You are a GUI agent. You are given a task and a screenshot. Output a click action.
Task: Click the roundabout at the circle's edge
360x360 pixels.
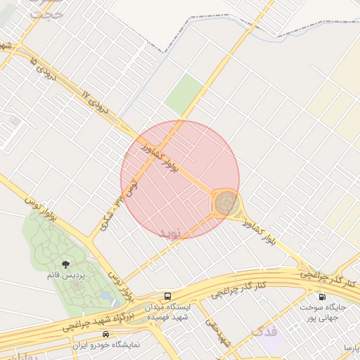(226, 204)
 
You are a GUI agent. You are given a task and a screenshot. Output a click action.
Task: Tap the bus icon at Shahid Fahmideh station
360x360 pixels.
(167, 296)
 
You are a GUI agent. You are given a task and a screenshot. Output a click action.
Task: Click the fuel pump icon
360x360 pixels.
(322, 297)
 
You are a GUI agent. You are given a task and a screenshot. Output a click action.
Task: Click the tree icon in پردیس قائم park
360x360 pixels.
(65, 265)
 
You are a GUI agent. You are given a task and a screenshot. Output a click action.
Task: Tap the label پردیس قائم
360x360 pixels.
(65, 276)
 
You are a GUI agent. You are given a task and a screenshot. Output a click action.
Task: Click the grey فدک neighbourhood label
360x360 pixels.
(266, 329)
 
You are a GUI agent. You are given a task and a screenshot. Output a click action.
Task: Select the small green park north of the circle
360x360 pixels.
(184, 91)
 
